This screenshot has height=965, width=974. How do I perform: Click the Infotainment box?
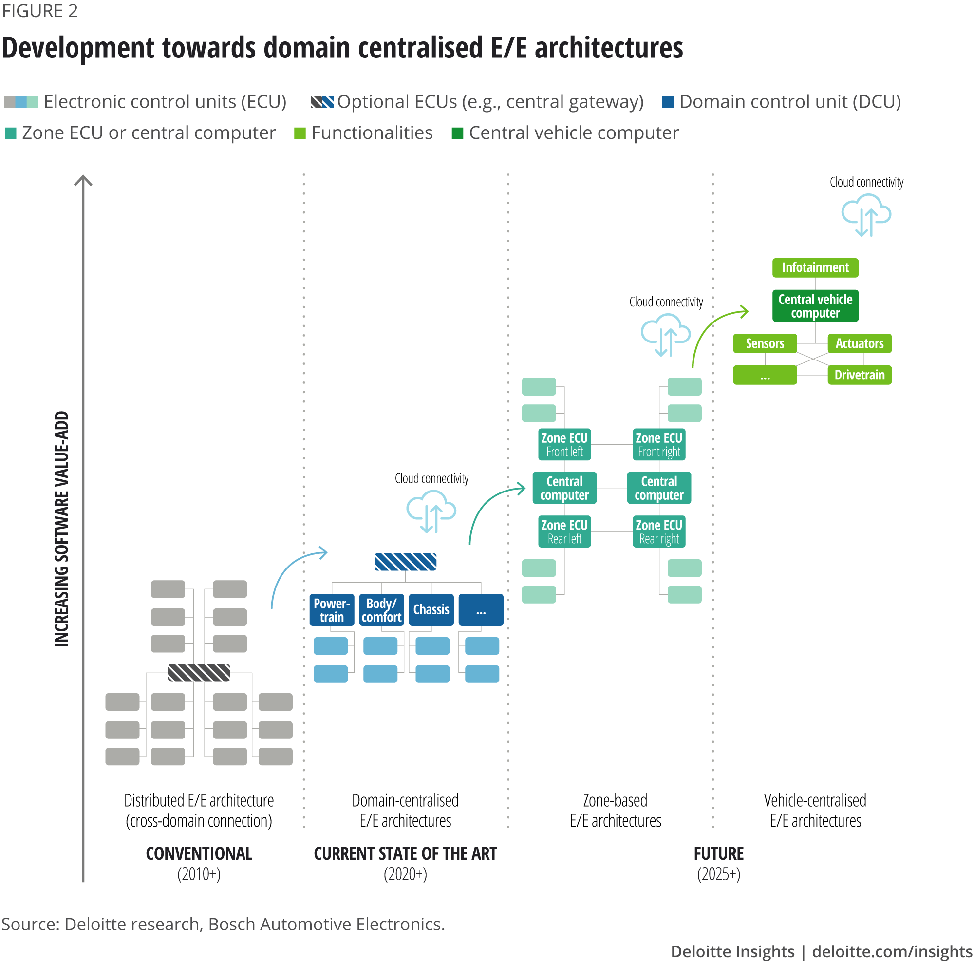click(x=815, y=268)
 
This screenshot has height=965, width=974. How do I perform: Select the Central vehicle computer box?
click(x=815, y=305)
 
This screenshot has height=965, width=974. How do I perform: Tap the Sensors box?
click(x=764, y=343)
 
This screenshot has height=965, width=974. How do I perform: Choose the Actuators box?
click(x=859, y=343)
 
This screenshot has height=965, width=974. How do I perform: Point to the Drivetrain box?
click(x=859, y=375)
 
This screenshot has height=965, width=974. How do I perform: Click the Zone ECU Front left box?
click(x=564, y=445)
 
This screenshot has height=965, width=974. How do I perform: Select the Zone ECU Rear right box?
click(x=658, y=531)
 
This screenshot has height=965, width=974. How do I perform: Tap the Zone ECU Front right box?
click(x=658, y=445)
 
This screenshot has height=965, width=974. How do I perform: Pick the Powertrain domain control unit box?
click(x=331, y=609)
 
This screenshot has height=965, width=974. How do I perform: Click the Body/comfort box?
click(x=381, y=609)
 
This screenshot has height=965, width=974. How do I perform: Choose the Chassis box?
click(x=431, y=609)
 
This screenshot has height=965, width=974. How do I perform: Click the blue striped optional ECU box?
click(x=405, y=562)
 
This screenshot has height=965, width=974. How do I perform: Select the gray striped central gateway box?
click(x=199, y=673)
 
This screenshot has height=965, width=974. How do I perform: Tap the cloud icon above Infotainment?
click(x=865, y=214)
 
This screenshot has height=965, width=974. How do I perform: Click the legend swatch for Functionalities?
click(x=300, y=133)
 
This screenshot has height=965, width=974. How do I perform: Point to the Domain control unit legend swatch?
click(x=668, y=102)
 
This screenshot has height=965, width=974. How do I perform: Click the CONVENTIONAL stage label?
click(x=199, y=853)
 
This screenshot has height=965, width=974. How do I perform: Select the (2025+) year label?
click(x=718, y=874)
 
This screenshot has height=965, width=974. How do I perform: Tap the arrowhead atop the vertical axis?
click(x=83, y=180)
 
